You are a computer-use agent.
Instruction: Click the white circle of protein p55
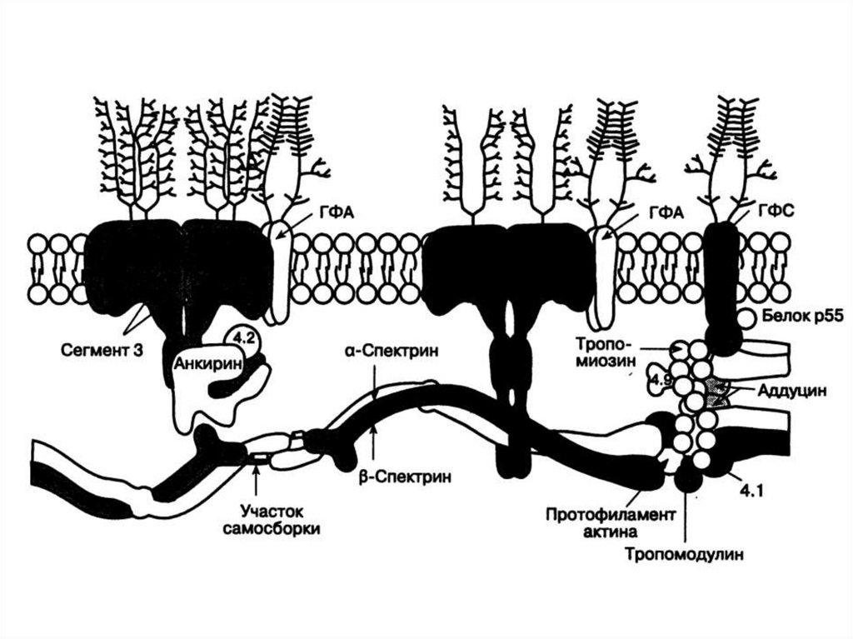coord(747,317)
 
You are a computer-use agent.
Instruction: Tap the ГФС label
coord(776,212)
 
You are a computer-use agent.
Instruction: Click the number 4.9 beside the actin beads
coord(662,380)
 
